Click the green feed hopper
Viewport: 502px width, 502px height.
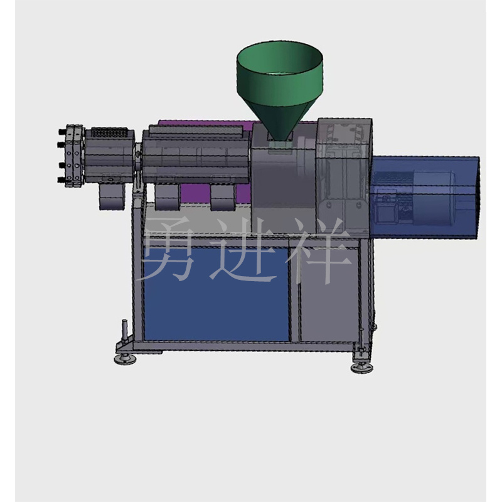click(x=279, y=87)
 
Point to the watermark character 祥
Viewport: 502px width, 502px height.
click(x=319, y=250)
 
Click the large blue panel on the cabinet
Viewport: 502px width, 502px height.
click(x=216, y=294)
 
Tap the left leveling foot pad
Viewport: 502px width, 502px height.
click(x=125, y=359)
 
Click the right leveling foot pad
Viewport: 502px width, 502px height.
click(x=362, y=368)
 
